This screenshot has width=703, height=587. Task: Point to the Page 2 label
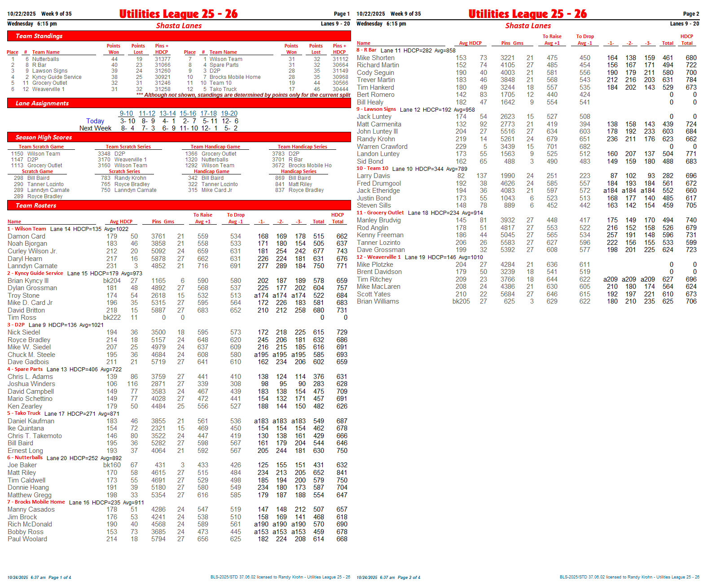(691, 14)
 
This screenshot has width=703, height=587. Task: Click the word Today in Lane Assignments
(95, 121)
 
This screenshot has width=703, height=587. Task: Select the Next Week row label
(95, 128)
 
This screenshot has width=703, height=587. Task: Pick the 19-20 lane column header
(229, 113)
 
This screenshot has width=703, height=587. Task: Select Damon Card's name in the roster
(26, 236)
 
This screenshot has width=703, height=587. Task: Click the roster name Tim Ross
(22, 317)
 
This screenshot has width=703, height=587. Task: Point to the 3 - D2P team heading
(16, 325)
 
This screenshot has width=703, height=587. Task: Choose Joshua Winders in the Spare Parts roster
(31, 384)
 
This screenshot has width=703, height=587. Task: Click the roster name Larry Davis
(373, 176)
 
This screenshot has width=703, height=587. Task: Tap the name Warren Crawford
(382, 147)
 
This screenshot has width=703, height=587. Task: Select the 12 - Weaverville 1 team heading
(378, 257)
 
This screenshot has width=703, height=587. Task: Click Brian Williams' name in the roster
(378, 301)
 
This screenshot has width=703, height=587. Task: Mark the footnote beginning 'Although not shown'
(247, 95)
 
